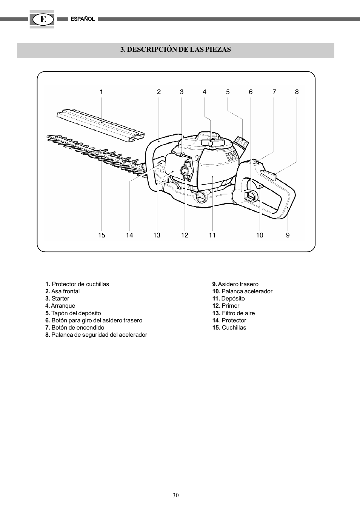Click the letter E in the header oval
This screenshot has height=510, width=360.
pos(42,19)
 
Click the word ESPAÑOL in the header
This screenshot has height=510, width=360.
pos(83,19)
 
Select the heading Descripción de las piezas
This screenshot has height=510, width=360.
pos(175,49)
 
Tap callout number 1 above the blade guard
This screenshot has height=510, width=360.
pos(102,92)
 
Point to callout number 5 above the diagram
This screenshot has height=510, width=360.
pos(228,92)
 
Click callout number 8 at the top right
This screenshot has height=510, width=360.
pos(297,92)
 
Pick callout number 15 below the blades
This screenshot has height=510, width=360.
pos(102,235)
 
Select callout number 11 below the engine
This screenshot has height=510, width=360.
pos(212,235)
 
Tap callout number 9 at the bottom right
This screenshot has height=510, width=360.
pos(288,235)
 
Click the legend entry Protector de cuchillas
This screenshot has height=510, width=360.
pos(77,284)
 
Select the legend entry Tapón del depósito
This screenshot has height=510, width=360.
pos(73,313)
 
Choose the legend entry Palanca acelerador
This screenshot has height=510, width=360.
pos(242,291)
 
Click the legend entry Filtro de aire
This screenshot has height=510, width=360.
pos(234,313)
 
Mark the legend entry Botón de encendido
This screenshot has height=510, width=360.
pos(75,328)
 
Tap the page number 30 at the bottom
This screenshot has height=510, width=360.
pos(176,495)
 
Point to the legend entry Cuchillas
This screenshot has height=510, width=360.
pos(229,328)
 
